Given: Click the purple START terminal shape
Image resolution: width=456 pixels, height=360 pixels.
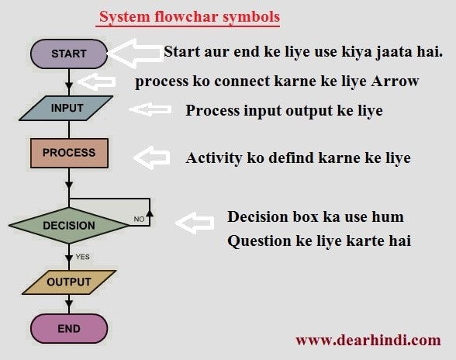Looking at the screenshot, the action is pyautogui.click(x=69, y=54).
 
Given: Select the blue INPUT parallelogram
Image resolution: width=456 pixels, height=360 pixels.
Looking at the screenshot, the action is pyautogui.click(x=66, y=108).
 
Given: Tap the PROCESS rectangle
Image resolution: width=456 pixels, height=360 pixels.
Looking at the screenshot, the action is pyautogui.click(x=69, y=153).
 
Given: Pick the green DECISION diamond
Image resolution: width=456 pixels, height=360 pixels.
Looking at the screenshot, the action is pyautogui.click(x=69, y=226).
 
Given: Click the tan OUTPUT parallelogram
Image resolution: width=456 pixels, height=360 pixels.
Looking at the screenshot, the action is pyautogui.click(x=69, y=282).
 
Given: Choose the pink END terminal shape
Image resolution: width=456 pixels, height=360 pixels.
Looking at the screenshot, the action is pyautogui.click(x=69, y=328).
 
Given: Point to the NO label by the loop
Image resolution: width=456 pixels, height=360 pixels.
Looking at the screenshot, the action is pyautogui.click(x=139, y=219).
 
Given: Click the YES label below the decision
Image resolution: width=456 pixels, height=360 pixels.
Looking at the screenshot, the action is pyautogui.click(x=82, y=257).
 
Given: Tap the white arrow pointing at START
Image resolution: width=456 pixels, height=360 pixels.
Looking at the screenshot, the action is pyautogui.click(x=135, y=54).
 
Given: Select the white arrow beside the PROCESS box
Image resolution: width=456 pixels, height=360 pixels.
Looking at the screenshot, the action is pyautogui.click(x=152, y=157).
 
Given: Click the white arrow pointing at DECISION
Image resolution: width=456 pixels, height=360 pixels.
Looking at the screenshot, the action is pyautogui.click(x=195, y=223).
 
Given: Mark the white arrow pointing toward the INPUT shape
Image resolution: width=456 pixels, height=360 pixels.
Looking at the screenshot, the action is pyautogui.click(x=150, y=109).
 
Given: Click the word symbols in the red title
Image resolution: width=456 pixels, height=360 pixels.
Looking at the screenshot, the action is pyautogui.click(x=251, y=16).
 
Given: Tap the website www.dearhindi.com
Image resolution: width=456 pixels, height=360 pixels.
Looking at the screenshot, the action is pyautogui.click(x=368, y=340).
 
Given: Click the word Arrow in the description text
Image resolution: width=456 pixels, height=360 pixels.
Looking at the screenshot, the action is pyautogui.click(x=395, y=81).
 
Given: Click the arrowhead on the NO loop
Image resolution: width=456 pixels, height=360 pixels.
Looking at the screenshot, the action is pyautogui.click(x=150, y=213).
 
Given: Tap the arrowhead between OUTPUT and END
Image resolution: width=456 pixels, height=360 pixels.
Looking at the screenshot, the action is pyautogui.click(x=69, y=303).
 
